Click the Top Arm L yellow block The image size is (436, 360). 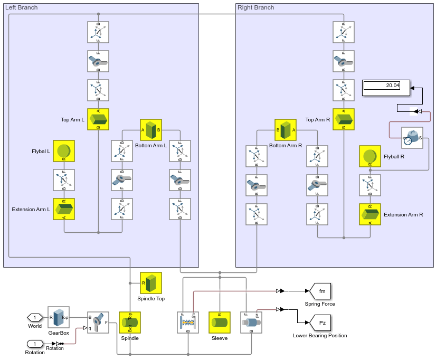[98, 119]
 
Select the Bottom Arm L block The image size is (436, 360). [151, 130]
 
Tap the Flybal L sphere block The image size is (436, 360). [64, 151]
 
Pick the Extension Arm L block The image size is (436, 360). [64, 209]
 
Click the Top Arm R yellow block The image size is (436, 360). [344, 119]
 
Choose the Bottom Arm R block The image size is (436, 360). [286, 130]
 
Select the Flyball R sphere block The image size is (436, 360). [370, 156]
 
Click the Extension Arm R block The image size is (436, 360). [370, 214]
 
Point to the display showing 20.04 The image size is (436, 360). [386, 88]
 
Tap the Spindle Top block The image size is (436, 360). [151, 283]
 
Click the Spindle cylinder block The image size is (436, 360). [130, 323]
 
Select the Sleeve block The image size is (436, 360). [220, 323]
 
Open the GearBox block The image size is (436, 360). [59, 318]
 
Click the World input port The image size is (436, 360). [35, 317]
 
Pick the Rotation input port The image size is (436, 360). [35, 344]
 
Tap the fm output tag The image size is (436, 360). [320, 291]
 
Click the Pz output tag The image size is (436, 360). [320, 323]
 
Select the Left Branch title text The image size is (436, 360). [21, 7]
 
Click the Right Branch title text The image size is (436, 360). [256, 7]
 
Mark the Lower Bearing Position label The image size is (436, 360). [320, 335]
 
